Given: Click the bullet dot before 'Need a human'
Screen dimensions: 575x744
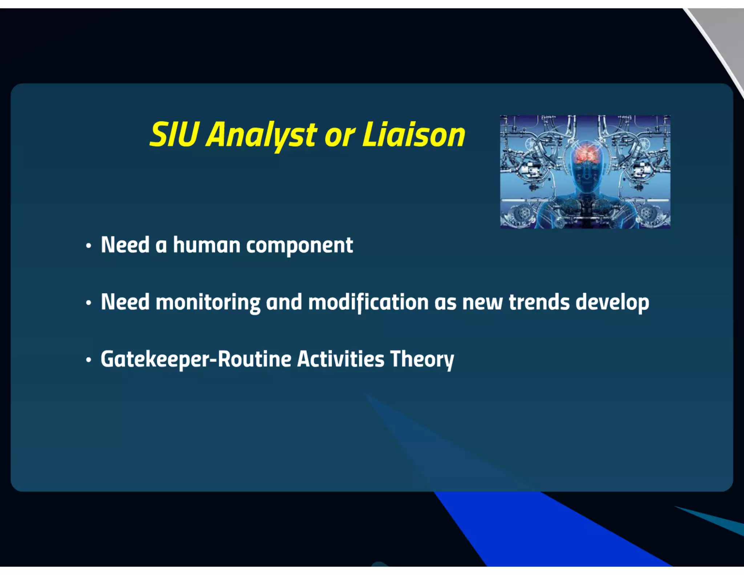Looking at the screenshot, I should (89, 246).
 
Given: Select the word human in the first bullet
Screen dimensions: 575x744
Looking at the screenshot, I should (206, 245).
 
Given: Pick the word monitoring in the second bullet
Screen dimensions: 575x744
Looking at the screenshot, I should (208, 302).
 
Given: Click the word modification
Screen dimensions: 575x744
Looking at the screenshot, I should (368, 302).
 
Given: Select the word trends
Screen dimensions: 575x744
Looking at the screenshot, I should (539, 302).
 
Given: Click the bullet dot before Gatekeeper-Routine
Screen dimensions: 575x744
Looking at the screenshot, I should (89, 360).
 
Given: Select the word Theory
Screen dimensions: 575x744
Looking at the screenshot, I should (422, 360).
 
